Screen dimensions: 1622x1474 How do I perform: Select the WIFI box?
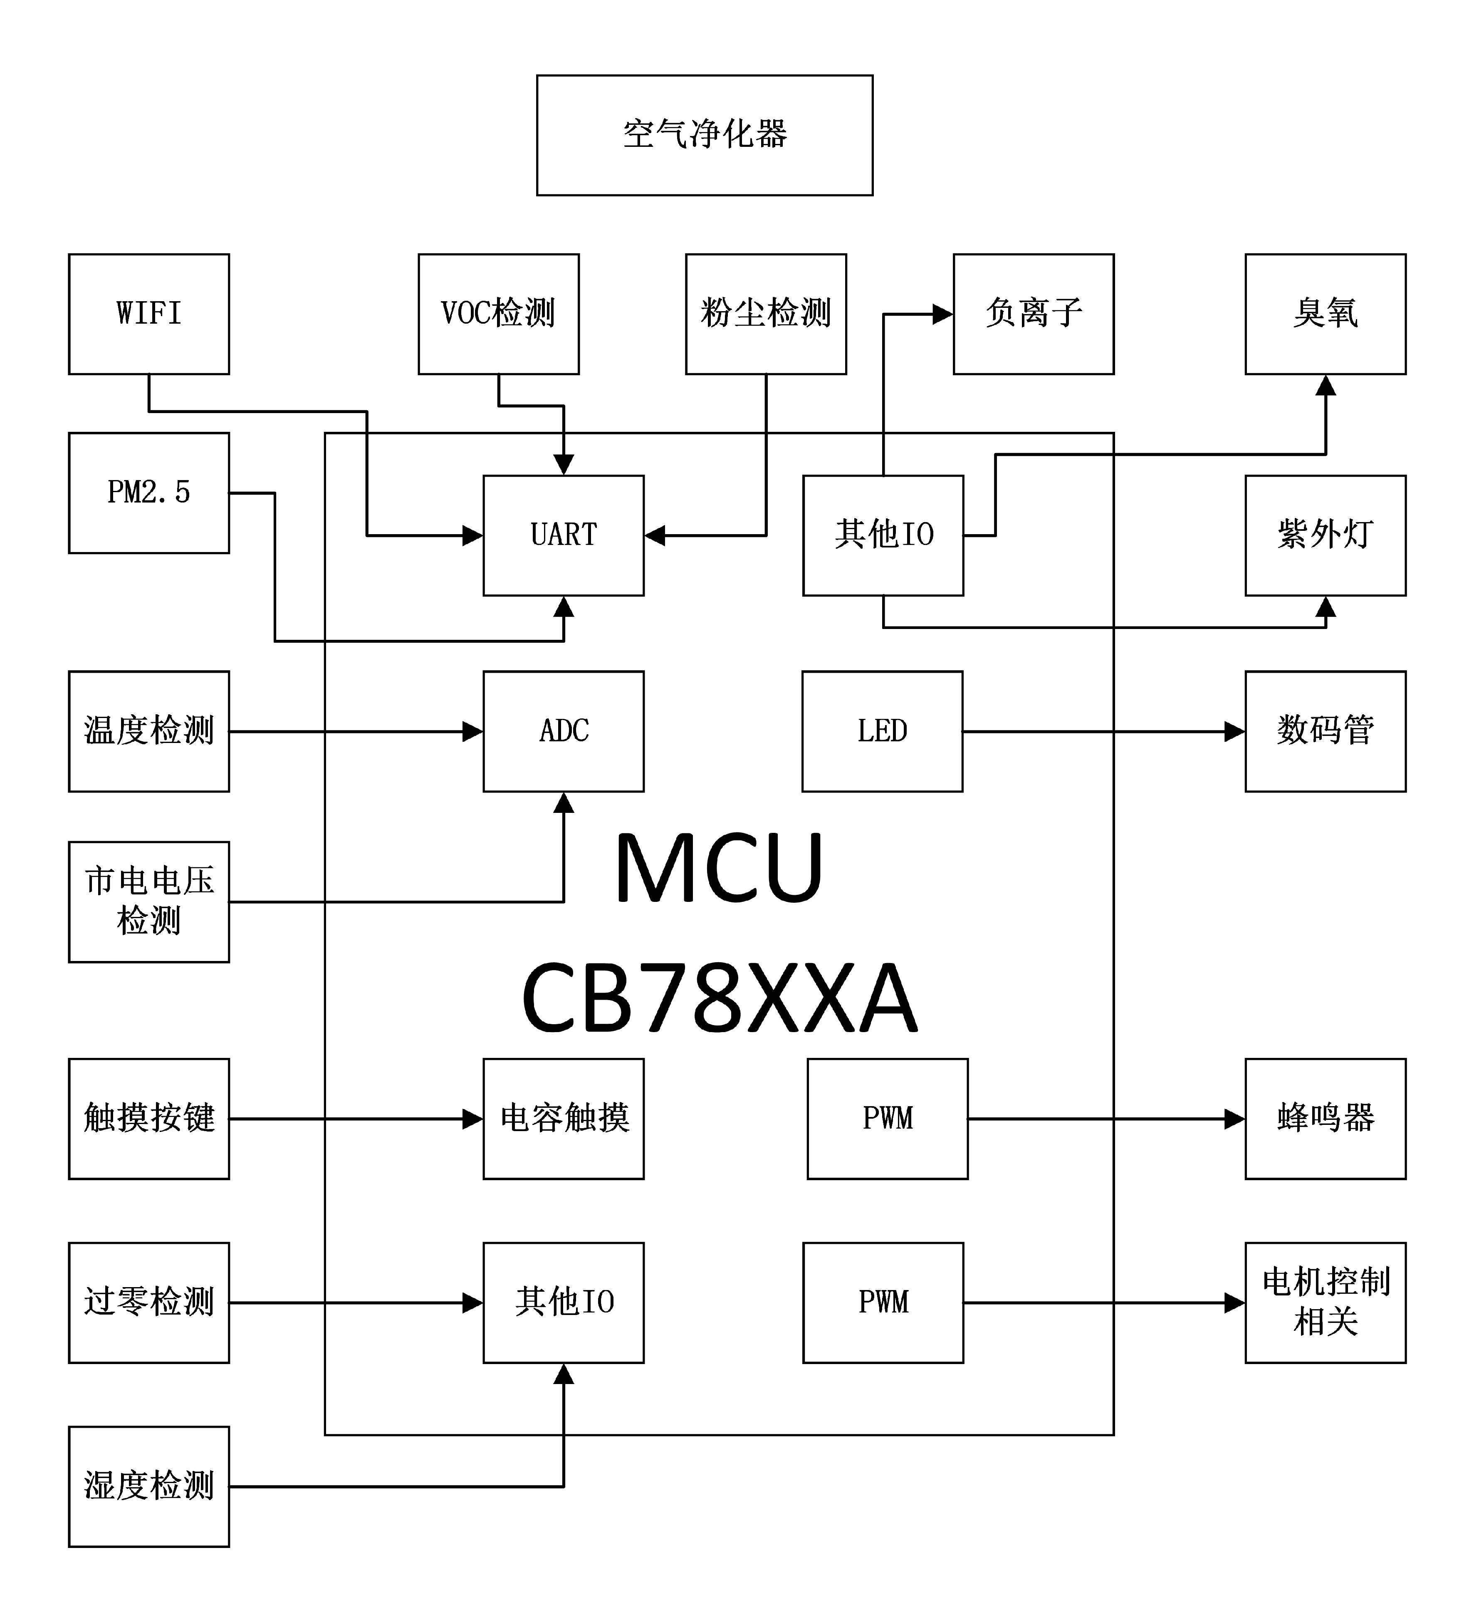(149, 314)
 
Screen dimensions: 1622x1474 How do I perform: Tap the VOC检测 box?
(498, 314)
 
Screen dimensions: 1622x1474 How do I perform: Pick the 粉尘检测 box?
(765, 314)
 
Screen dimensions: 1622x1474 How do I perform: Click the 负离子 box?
(1033, 314)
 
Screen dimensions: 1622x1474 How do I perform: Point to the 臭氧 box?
(1325, 314)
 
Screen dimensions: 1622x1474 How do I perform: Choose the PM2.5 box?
(149, 493)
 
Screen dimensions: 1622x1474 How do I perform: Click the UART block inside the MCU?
(563, 535)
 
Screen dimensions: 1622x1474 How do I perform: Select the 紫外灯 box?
(1325, 535)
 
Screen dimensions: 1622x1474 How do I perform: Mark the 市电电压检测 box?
(149, 901)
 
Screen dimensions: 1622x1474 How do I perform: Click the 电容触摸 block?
(563, 1118)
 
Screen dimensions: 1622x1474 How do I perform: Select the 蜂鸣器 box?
(1325, 1118)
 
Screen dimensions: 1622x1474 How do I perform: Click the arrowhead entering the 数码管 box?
(1234, 731)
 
